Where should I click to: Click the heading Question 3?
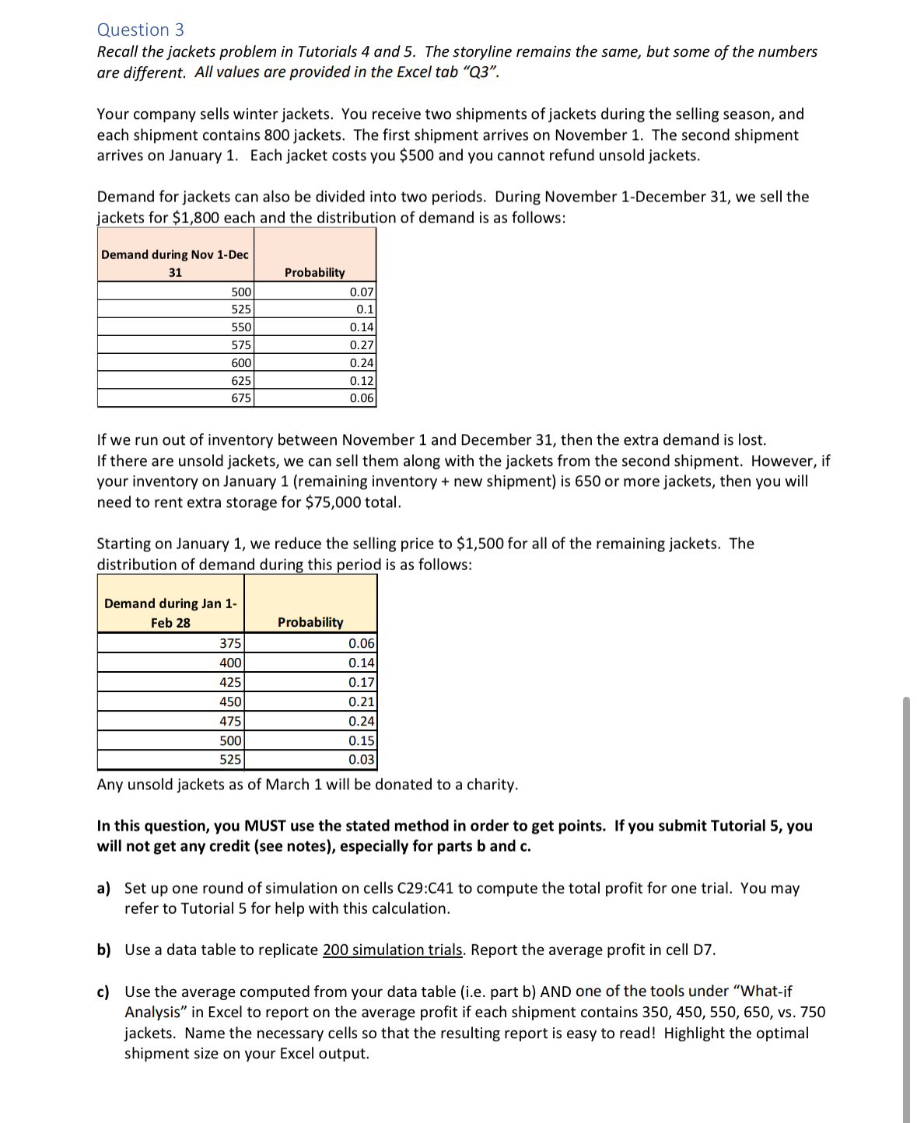point(140,30)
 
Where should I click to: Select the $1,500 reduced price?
point(480,544)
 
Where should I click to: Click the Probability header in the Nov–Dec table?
point(314,272)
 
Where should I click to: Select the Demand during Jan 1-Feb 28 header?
point(170,613)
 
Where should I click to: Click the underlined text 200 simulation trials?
point(393,950)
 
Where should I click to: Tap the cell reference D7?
point(702,950)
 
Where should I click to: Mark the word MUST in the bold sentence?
point(265,826)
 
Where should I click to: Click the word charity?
point(491,785)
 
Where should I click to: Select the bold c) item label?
point(103,992)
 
